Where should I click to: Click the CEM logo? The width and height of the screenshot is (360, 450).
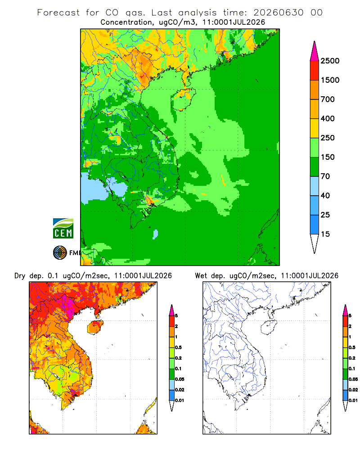(x=63, y=229)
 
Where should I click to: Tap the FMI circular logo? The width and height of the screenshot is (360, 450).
(x=60, y=253)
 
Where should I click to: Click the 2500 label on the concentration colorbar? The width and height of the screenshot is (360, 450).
(x=330, y=61)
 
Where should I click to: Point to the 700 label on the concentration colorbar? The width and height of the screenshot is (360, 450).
(x=328, y=99)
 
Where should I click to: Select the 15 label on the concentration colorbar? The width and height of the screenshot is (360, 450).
(x=325, y=234)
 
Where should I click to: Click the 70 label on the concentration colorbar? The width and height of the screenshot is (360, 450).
(x=325, y=176)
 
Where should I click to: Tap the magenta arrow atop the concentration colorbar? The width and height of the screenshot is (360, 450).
(x=315, y=51)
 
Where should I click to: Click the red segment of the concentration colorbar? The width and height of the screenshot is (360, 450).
(x=315, y=71)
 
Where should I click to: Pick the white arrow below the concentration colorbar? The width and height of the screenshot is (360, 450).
(x=315, y=244)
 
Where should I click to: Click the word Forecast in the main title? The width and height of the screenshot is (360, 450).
(x=58, y=13)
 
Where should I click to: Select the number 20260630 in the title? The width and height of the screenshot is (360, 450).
(x=278, y=13)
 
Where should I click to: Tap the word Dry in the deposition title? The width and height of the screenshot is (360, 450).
(x=20, y=276)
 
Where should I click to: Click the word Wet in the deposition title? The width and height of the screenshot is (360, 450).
(x=201, y=276)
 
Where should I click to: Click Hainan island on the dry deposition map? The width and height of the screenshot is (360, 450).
(x=95, y=327)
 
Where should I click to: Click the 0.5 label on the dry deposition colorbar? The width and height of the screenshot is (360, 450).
(x=178, y=347)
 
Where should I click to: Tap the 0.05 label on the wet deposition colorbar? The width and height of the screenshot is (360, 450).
(x=353, y=379)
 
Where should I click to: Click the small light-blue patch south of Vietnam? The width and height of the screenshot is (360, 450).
(x=155, y=234)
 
